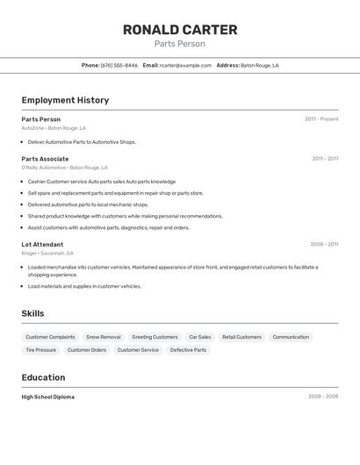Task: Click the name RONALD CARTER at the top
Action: [x=180, y=30]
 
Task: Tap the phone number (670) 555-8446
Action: [x=119, y=65]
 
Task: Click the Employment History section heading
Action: [x=65, y=100]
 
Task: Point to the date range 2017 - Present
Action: [x=321, y=119]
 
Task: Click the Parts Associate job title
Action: [x=45, y=159]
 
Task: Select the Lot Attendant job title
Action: [x=42, y=244]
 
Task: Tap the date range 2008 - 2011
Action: [x=324, y=244]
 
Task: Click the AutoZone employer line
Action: [x=54, y=128]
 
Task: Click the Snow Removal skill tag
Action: [x=104, y=337]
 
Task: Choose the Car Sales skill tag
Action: [x=200, y=337]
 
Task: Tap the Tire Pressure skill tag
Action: [x=40, y=350]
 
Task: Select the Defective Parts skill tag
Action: [x=188, y=350]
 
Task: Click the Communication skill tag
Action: [x=291, y=337]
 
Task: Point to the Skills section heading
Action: [x=32, y=313]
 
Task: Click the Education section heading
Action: [x=43, y=377]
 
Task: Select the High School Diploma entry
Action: [x=48, y=397]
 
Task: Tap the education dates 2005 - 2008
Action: [x=323, y=397]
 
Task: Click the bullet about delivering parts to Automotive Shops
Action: [x=82, y=141]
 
